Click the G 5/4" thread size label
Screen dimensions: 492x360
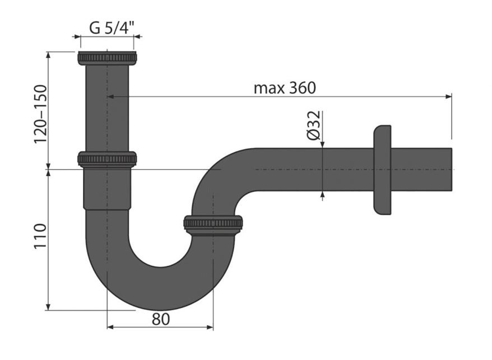[112, 29]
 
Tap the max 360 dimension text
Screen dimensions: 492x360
[285, 88]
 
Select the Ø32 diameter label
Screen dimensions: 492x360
[314, 125]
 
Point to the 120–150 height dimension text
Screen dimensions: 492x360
[40, 114]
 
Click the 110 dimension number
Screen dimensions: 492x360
[40, 236]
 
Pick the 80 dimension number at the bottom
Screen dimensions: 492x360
[161, 319]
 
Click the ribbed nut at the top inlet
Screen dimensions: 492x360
[107, 58]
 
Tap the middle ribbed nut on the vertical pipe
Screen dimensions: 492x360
[107, 160]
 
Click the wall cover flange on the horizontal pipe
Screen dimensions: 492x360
[382, 170]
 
